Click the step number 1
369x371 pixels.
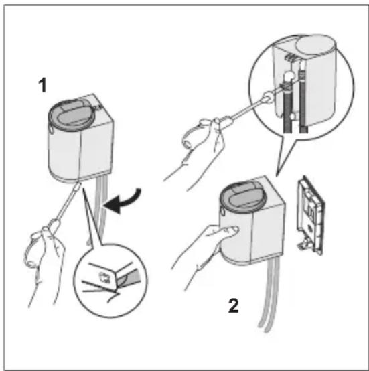coord(42,86)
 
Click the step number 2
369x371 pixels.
coord(234,305)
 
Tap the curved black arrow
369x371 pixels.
coord(123,201)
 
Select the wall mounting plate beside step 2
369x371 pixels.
coord(311,216)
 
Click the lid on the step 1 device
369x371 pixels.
coord(72,115)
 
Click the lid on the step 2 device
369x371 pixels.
coord(243,196)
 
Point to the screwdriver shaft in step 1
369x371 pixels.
coord(68,201)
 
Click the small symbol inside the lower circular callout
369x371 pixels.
coord(104,277)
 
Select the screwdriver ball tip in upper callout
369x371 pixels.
coord(268,97)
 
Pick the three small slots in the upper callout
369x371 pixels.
coord(290,58)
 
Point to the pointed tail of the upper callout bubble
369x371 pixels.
coord(277,176)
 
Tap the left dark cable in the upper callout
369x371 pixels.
coord(288,106)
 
